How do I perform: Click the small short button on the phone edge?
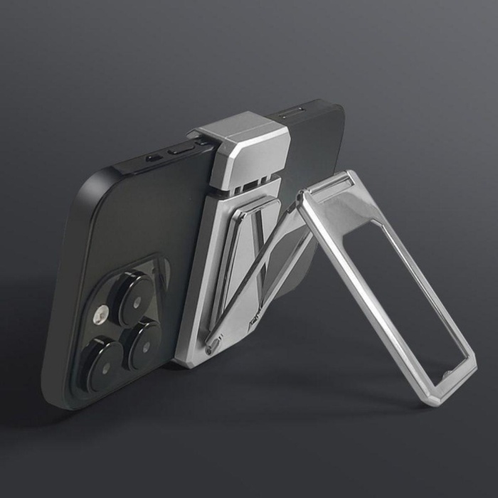coord(152,158)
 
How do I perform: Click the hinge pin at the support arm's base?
coord(211,348)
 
